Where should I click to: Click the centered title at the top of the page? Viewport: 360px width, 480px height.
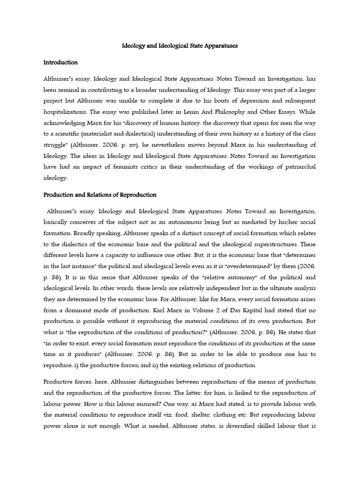180,46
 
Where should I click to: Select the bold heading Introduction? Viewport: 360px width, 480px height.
60,62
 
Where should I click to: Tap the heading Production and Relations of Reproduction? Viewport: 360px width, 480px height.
100,195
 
